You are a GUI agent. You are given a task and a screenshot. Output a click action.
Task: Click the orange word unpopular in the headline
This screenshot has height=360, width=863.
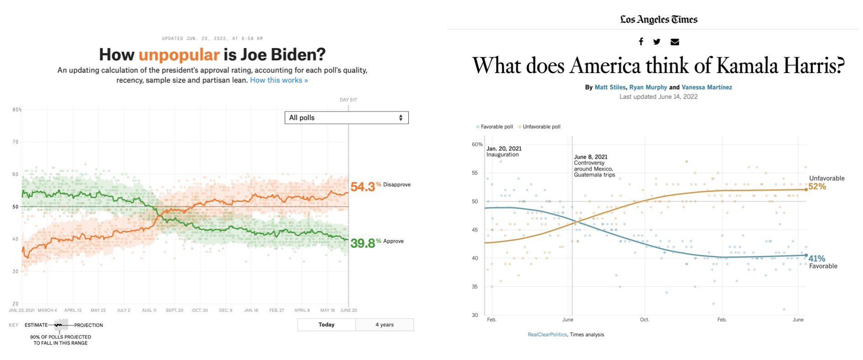[179, 55]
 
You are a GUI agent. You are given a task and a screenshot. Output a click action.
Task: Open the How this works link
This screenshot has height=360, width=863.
[279, 80]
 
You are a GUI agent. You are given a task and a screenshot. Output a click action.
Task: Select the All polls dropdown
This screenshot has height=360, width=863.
[346, 118]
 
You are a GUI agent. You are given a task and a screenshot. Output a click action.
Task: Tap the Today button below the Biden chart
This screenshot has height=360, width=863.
[326, 325]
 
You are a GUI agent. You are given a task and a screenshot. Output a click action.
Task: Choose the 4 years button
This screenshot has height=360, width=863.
[384, 325]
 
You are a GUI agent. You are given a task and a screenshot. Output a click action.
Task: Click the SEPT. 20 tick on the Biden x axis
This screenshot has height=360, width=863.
[174, 310]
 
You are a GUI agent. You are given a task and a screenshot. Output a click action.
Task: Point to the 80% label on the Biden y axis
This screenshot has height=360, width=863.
[17, 110]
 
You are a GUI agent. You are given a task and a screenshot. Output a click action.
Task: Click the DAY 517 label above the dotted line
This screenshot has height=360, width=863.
[348, 100]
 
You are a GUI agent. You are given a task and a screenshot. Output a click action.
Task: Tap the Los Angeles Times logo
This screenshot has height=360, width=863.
[658, 20]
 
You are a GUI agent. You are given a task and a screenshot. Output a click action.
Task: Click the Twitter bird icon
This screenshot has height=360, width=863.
[657, 42]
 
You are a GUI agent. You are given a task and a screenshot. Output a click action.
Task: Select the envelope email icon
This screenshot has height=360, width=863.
[674, 42]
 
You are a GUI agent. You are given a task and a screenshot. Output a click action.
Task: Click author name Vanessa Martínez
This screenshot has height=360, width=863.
[706, 87]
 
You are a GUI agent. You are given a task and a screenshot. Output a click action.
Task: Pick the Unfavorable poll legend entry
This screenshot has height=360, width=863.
[541, 127]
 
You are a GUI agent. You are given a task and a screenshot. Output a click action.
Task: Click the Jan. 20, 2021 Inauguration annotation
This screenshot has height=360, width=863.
[504, 151]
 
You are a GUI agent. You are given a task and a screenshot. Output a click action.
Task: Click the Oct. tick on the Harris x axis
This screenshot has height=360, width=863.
[644, 320]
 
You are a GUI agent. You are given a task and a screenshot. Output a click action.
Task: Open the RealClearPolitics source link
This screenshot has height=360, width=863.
[547, 335]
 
